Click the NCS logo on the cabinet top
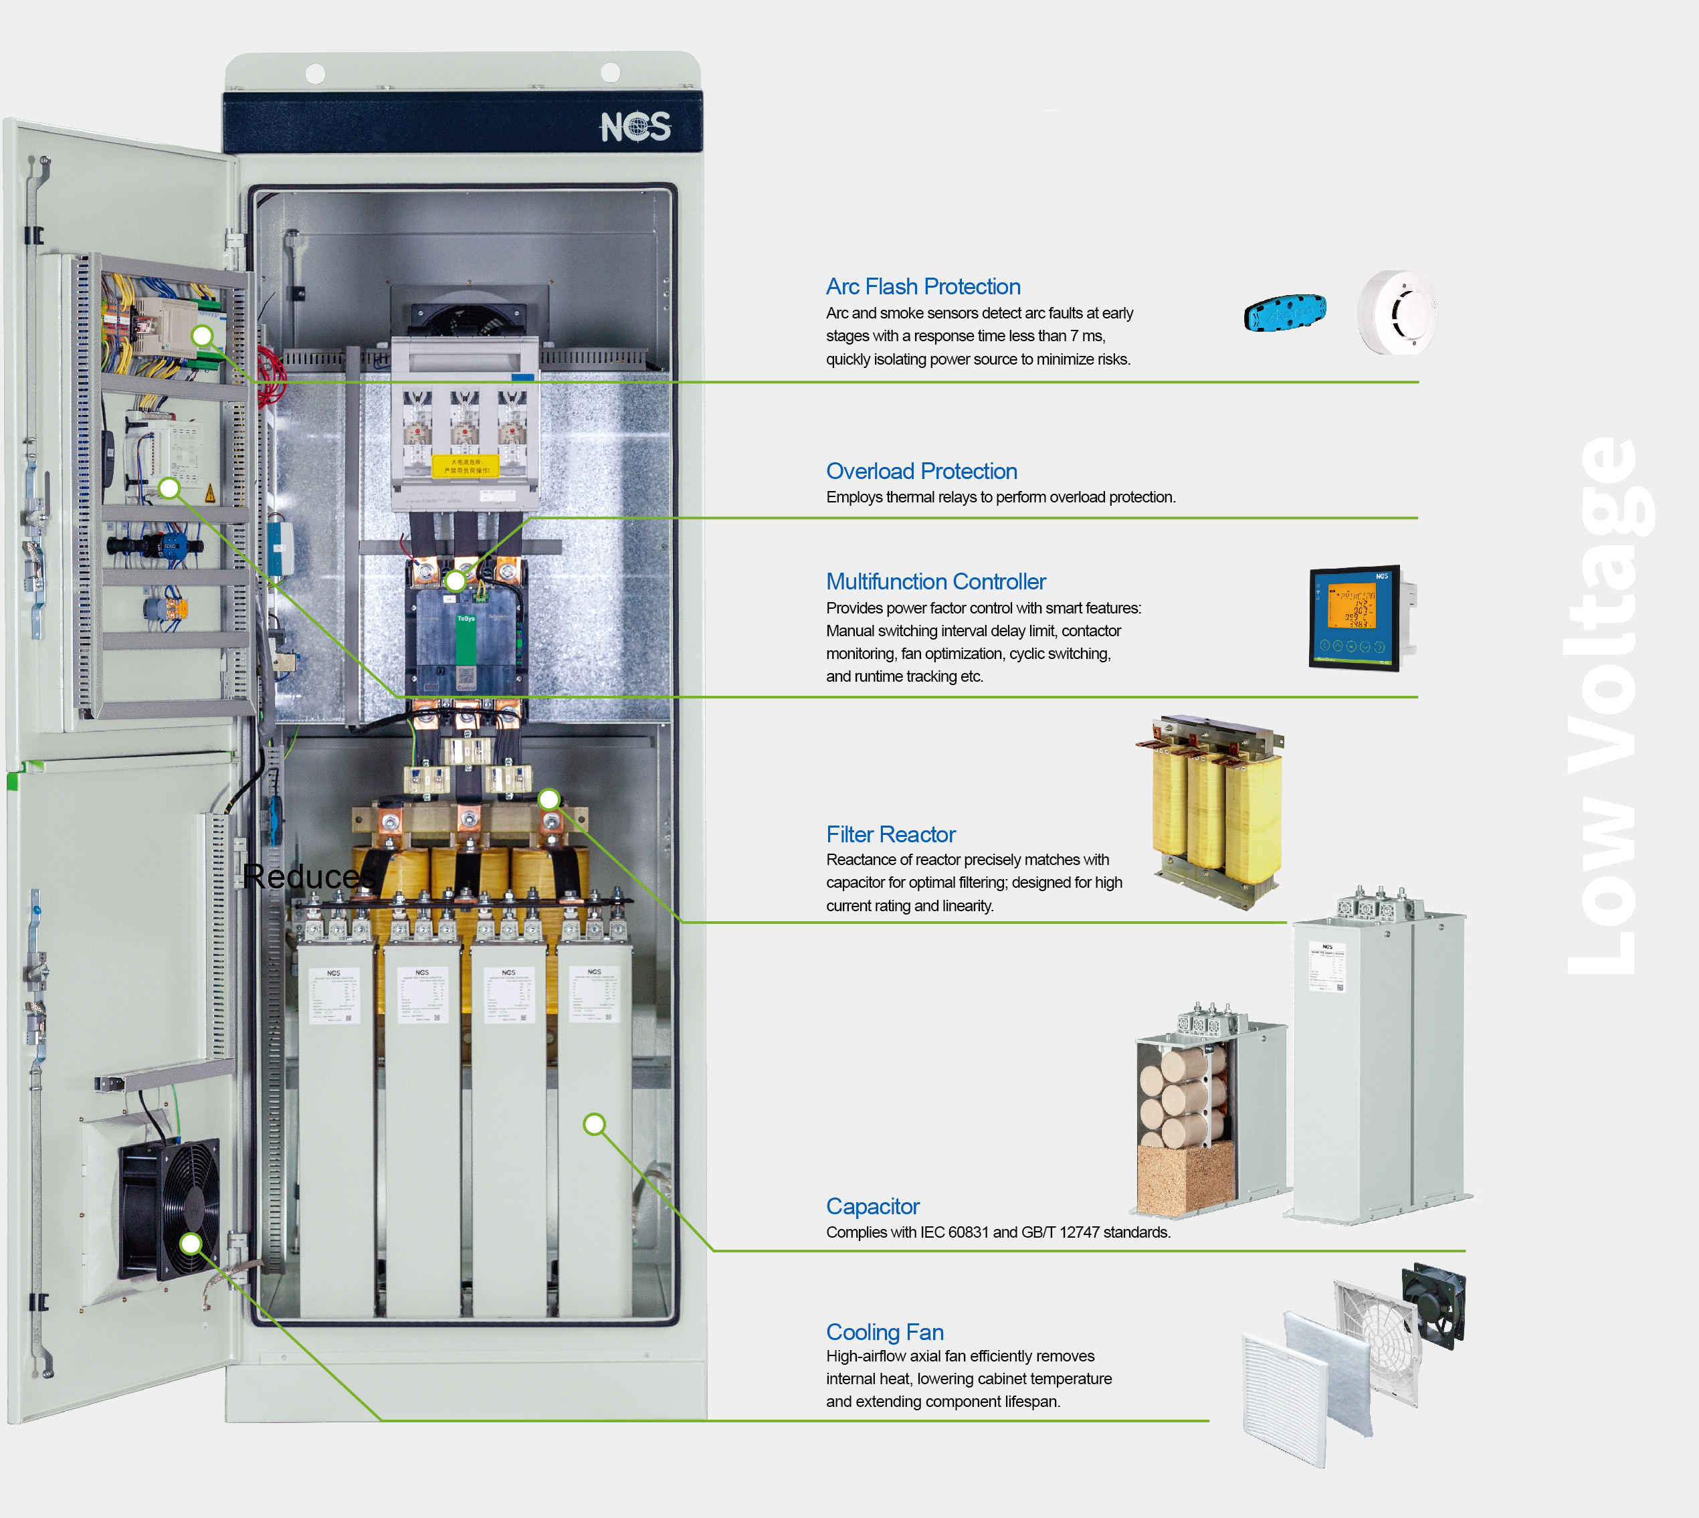pyautogui.click(x=635, y=126)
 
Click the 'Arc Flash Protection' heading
pyautogui.click(x=922, y=287)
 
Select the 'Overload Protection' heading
pyautogui.click(x=921, y=471)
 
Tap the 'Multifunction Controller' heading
pyautogui.click(x=935, y=581)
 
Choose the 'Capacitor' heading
pyautogui.click(x=872, y=1206)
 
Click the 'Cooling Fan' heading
pyautogui.click(x=884, y=1332)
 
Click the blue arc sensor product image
pyautogui.click(x=1284, y=313)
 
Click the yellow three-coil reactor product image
pyautogui.click(x=1213, y=809)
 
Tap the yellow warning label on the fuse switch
pyautogui.click(x=465, y=466)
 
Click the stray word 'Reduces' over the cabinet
pyautogui.click(x=308, y=876)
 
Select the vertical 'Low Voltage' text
pyautogui.click(x=1605, y=704)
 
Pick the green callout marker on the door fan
pyautogui.click(x=191, y=1244)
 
